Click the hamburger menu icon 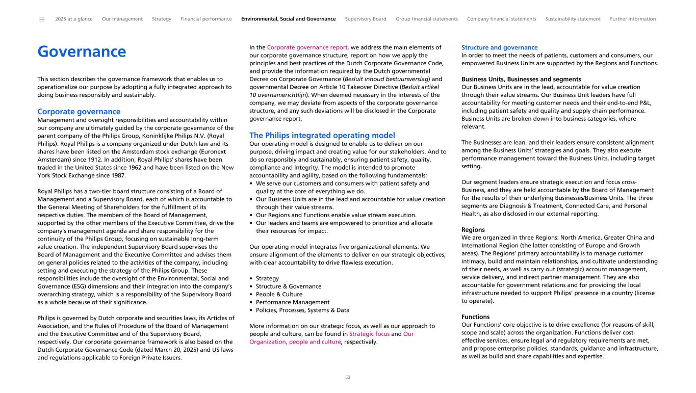(x=41, y=19)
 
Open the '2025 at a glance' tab (x=74, y=19)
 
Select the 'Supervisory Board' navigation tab (x=366, y=19)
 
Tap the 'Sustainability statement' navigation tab (x=573, y=19)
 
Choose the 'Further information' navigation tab (x=633, y=19)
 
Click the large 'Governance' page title (x=82, y=52)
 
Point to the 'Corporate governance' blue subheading (x=79, y=112)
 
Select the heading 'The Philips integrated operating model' (x=322, y=136)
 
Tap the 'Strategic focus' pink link (x=369, y=334)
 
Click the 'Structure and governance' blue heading (x=499, y=47)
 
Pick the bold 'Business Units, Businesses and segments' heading (x=521, y=80)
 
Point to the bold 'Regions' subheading (x=473, y=230)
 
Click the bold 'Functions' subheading (x=475, y=317)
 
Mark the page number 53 (x=348, y=378)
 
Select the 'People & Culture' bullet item (x=279, y=294)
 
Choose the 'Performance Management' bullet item (x=293, y=302)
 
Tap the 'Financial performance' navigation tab (x=206, y=19)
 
